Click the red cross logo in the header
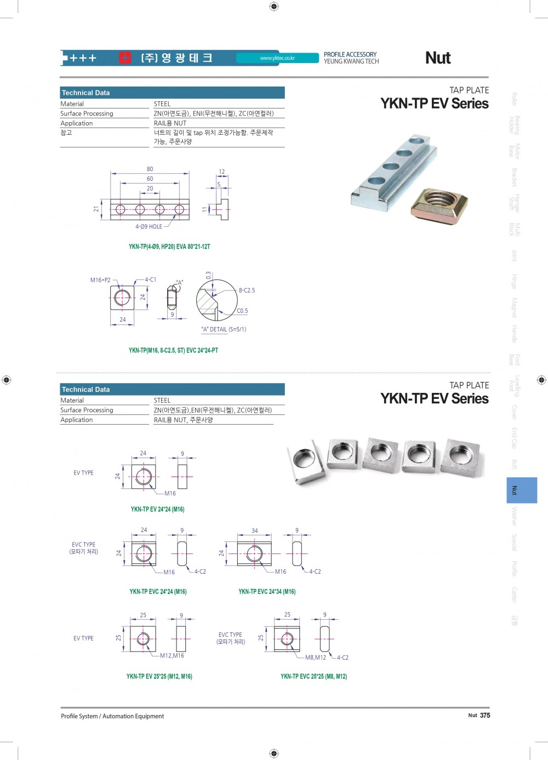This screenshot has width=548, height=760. click(x=125, y=58)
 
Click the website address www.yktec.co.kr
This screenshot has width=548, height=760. click(x=277, y=58)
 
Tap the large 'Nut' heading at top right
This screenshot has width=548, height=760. click(x=438, y=58)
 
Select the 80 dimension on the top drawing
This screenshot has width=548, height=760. click(x=150, y=169)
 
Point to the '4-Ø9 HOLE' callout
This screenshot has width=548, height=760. click(x=149, y=226)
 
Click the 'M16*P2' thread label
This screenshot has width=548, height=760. click(x=100, y=280)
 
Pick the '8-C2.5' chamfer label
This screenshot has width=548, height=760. click(x=247, y=290)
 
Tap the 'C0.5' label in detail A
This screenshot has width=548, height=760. click(x=242, y=311)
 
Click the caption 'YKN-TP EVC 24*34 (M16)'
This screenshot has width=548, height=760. click(x=267, y=592)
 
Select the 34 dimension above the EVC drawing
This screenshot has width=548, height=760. click(x=255, y=530)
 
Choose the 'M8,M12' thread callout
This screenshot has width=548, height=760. click(x=316, y=658)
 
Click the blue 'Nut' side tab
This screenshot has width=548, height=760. click(x=522, y=490)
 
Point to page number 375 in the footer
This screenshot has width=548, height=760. click(x=485, y=715)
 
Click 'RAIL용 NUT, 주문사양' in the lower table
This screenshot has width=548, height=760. click(x=183, y=420)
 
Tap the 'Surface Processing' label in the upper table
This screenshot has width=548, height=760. click(x=87, y=113)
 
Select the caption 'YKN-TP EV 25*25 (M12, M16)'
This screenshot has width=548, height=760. click(x=159, y=676)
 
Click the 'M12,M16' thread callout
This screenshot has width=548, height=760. click(x=172, y=655)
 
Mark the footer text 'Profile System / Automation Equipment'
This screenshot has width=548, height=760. click(x=112, y=716)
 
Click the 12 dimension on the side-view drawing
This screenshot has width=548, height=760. click(x=221, y=172)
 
